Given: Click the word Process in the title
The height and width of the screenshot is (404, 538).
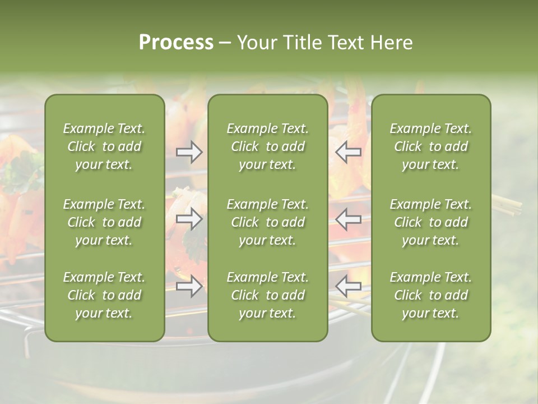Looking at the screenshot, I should click(x=176, y=42).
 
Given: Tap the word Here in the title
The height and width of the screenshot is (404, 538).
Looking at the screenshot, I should click(x=392, y=42).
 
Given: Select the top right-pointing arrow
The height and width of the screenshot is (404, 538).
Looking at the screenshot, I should click(x=189, y=152).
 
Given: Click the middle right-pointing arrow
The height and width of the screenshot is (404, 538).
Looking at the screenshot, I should click(x=189, y=219).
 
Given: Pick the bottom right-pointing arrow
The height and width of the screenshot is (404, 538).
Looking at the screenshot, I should click(x=189, y=287).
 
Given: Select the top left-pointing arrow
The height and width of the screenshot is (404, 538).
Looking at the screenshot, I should click(x=348, y=152).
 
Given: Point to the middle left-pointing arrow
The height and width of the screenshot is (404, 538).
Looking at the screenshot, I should click(x=348, y=219).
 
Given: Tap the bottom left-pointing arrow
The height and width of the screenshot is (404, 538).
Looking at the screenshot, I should click(x=348, y=287).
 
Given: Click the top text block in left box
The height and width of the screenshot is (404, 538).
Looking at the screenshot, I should click(x=104, y=146).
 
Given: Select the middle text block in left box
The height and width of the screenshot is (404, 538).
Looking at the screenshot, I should click(x=104, y=222).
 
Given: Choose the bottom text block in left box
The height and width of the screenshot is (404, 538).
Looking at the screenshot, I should click(x=104, y=295).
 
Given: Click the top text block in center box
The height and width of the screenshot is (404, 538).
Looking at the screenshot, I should click(x=267, y=146).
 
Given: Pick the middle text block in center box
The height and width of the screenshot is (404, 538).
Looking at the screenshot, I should click(x=267, y=222).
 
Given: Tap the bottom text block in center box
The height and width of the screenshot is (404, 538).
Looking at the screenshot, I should click(x=267, y=295).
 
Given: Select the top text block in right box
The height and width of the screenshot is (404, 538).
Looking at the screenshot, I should click(x=430, y=146).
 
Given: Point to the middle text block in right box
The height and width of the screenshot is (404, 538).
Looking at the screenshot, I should click(x=430, y=222).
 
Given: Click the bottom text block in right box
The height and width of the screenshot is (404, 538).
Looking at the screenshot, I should click(x=430, y=295).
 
